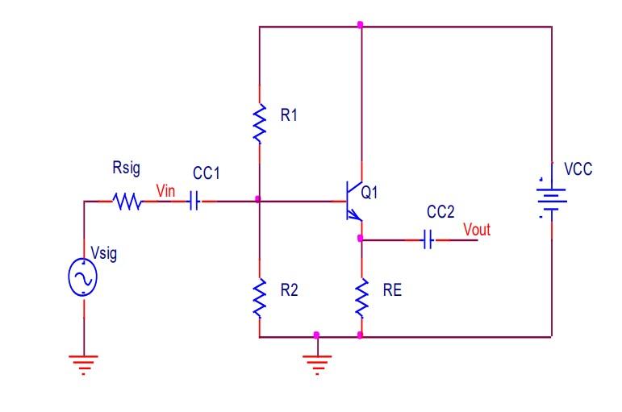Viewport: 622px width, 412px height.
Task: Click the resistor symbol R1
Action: coord(259,123)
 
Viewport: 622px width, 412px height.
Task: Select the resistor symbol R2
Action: coord(259,298)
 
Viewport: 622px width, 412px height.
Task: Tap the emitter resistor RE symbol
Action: coord(361,298)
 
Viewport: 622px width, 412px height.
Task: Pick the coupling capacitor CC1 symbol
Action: coord(194,202)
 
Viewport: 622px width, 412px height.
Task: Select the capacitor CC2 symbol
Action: coord(428,239)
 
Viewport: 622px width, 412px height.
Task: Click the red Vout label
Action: coord(476,229)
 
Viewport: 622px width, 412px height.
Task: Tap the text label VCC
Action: coord(578,170)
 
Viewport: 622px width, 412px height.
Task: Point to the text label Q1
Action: coord(370,194)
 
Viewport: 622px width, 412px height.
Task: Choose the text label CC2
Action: coord(440,211)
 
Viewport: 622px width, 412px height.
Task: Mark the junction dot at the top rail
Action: coord(360,25)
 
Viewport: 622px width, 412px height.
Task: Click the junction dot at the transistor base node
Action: coord(257,199)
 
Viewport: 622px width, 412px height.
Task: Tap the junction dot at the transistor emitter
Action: coord(360,239)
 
